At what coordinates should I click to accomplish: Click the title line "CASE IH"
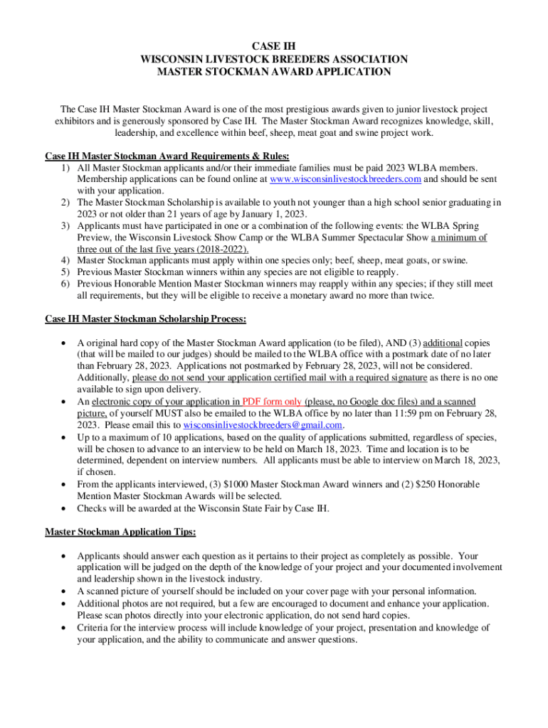click(x=274, y=46)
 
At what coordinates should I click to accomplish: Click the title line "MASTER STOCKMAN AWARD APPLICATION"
click(x=274, y=72)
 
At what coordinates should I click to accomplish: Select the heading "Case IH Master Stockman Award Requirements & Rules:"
click(x=167, y=156)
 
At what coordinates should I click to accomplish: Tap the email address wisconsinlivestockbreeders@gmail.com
click(x=263, y=424)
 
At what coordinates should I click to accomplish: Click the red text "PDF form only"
click(x=272, y=402)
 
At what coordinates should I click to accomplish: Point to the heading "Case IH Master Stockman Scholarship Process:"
click(x=146, y=319)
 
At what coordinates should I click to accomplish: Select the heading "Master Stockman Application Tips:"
click(x=120, y=531)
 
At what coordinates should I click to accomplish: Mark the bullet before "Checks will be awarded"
click(x=65, y=508)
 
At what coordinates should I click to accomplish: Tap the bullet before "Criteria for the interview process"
click(x=65, y=628)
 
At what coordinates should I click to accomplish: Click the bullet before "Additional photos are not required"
click(x=65, y=604)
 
